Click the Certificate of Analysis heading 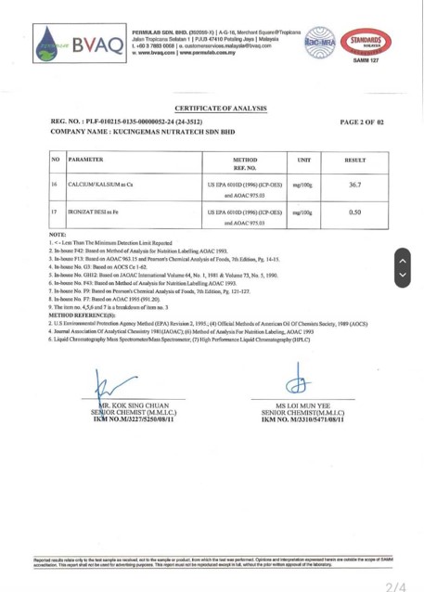[x=214, y=109]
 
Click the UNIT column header [x=302, y=161]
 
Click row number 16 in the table [x=56, y=186]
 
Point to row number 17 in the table [x=56, y=212]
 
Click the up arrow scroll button [x=402, y=257]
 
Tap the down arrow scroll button [x=402, y=275]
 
